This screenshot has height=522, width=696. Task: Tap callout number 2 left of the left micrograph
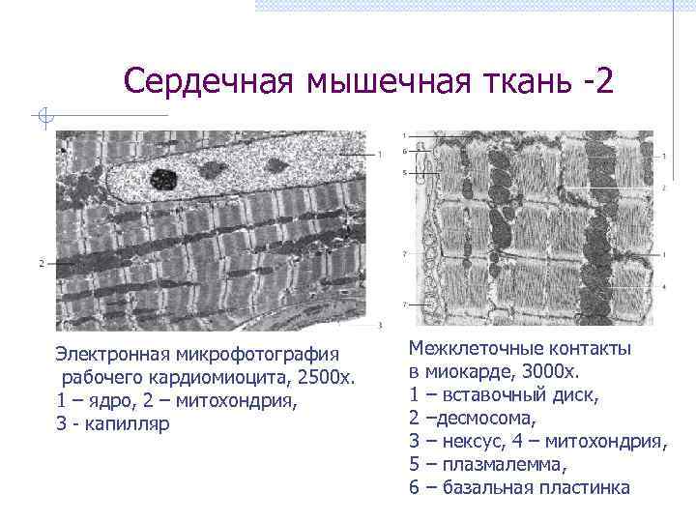coord(42,263)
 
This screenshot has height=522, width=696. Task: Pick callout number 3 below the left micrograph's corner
coord(380,325)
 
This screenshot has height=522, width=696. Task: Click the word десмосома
coord(483,419)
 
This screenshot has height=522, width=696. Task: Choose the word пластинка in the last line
coord(585,488)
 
